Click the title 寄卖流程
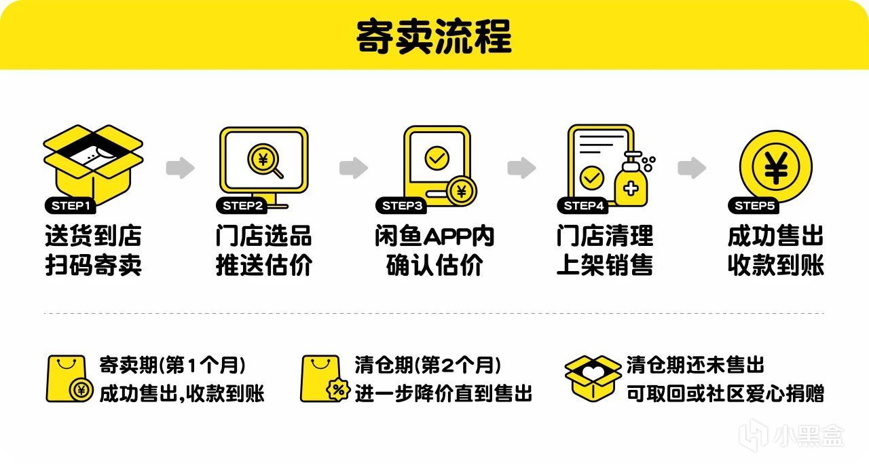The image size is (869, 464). pos(434,37)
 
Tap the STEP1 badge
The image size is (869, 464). pos(70,206)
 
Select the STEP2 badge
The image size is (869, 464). pos(242,206)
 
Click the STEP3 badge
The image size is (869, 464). pos(401,206)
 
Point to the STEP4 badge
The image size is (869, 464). pos(583,206)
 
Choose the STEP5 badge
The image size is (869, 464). pos(754,206)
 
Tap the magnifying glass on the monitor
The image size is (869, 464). pos(265,161)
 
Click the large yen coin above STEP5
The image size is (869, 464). pos(776,167)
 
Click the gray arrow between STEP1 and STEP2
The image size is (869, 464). pos(180,168)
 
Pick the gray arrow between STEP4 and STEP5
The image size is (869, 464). pos(692,168)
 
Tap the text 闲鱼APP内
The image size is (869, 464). pos(434,236)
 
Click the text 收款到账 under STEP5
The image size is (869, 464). pos(776,265)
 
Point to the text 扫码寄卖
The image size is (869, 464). pos(93,265)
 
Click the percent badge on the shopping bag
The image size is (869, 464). pos(338,390)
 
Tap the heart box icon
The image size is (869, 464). pos(593,378)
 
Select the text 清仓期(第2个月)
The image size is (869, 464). pos(428,365)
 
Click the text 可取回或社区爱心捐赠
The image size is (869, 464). pos(725,394)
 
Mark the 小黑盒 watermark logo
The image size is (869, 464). pos(792,435)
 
